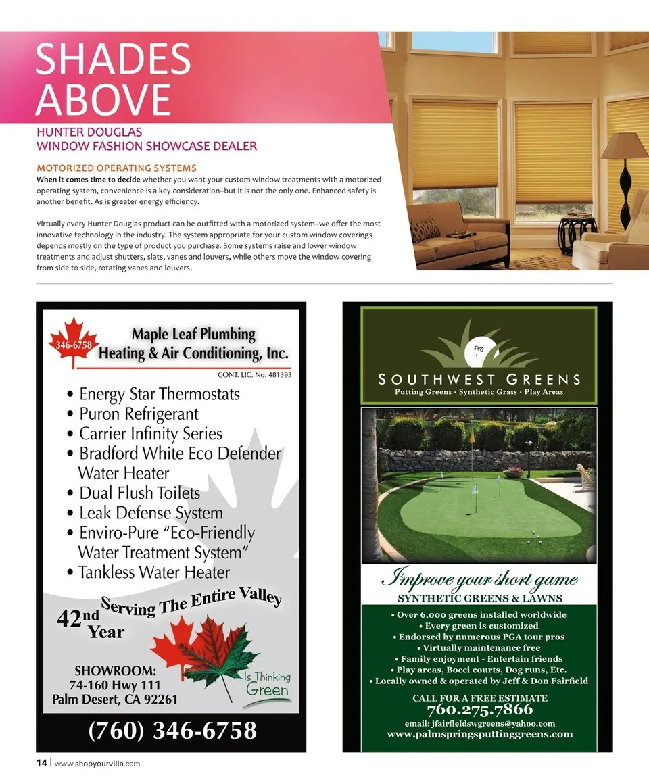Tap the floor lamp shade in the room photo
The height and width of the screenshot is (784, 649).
[624, 146]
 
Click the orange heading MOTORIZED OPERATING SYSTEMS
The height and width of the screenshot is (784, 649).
[116, 168]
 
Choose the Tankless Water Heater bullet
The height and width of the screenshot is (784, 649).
[149, 572]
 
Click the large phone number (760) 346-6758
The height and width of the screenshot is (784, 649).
[172, 731]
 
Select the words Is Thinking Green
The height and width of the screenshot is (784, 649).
[267, 684]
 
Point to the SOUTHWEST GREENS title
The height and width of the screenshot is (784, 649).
[479, 379]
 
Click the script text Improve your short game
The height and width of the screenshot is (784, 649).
[479, 579]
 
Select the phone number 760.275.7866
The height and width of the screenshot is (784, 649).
[479, 710]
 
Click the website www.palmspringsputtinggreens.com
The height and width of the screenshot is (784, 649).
[479, 733]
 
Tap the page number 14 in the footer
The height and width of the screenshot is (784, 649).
[41, 763]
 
